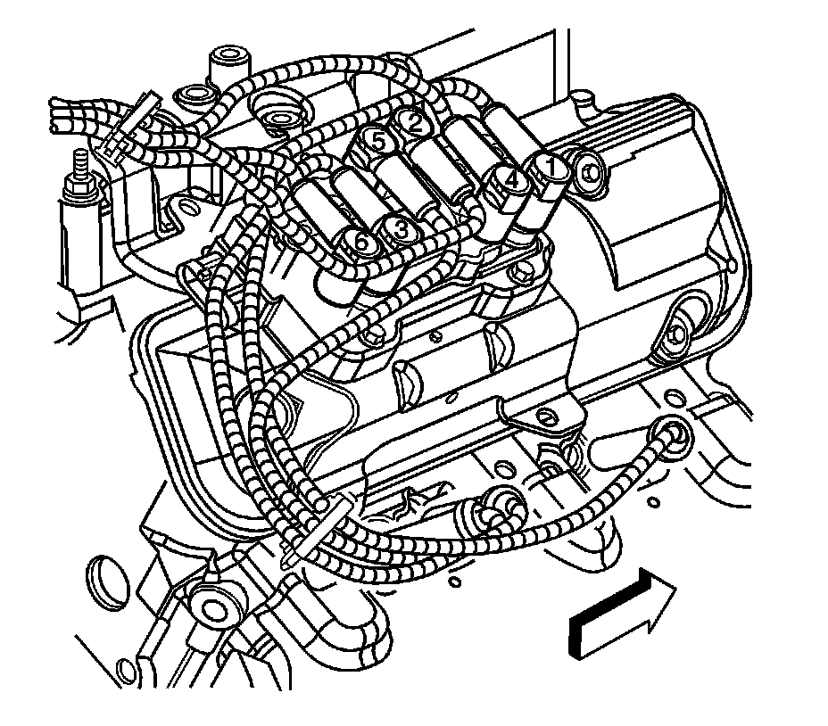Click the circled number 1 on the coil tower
(x=551, y=168)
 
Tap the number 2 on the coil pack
(x=416, y=123)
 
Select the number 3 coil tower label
(x=401, y=230)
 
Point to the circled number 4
(x=510, y=179)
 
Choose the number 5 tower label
(x=379, y=142)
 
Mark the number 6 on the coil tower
(x=361, y=243)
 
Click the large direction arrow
(x=623, y=613)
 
